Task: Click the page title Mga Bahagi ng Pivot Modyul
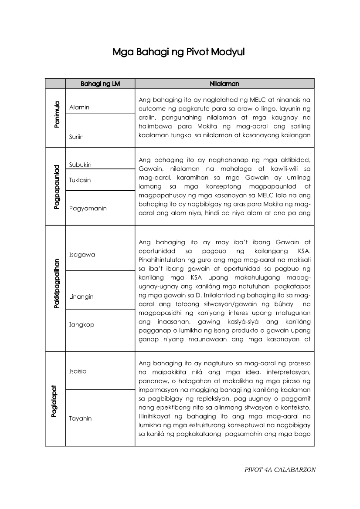[179, 53]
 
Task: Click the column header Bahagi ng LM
[100, 84]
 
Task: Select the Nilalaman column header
[224, 84]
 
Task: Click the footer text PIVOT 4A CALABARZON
[280, 469]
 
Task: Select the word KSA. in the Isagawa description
[304, 252]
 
